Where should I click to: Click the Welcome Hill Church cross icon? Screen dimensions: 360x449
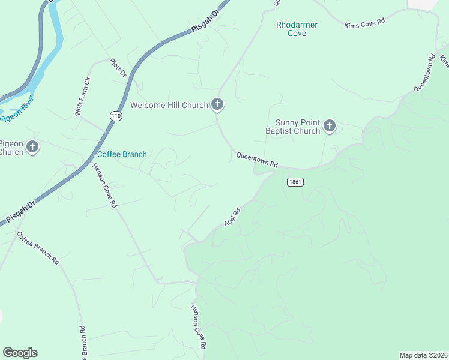coord(217,105)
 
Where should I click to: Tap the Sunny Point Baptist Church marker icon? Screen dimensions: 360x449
coord(329,126)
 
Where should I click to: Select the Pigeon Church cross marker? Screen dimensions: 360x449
coord(32,146)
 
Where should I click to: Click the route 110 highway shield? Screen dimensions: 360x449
coord(116,116)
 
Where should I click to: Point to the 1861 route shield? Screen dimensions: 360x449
coord(295,182)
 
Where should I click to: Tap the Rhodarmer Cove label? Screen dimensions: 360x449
coord(297,29)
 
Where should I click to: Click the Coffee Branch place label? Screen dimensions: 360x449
coord(122,154)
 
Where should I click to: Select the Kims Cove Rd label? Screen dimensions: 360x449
coord(364,23)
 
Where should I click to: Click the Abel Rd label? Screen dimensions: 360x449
coord(232,217)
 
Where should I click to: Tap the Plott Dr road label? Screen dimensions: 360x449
coord(118,68)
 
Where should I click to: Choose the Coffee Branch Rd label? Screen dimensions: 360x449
coord(38,248)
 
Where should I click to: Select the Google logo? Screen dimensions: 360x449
coord(20,353)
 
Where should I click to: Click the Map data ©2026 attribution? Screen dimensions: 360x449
coord(423,355)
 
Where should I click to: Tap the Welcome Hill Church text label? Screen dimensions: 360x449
coord(169,106)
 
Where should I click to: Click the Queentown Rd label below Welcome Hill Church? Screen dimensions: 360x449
coord(258,160)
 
